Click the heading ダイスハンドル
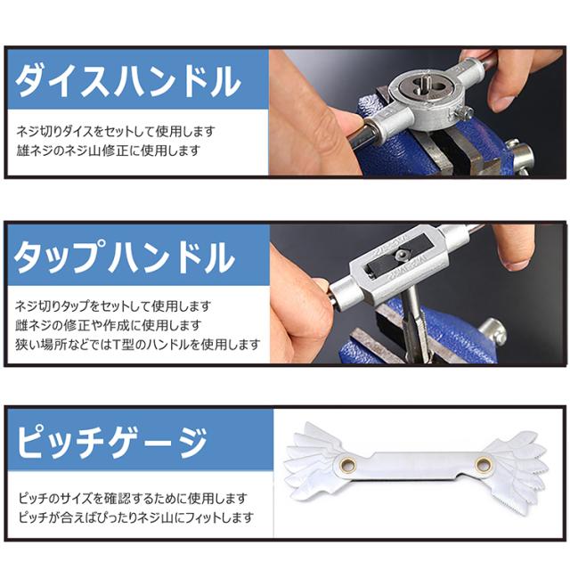(x=127, y=80)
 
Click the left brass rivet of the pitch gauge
(x=350, y=464)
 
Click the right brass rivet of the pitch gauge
(x=483, y=464)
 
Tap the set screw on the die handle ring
(x=463, y=113)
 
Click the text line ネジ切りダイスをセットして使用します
(x=116, y=131)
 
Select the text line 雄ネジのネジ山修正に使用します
(x=109, y=150)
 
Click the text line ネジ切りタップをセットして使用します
(x=113, y=306)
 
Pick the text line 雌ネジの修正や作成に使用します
(x=109, y=325)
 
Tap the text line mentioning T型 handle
(x=138, y=344)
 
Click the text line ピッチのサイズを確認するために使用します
(x=133, y=498)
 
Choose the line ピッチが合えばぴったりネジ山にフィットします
(x=136, y=517)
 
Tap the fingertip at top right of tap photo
(x=517, y=260)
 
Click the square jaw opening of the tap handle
(x=399, y=255)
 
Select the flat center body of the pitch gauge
(x=416, y=466)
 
